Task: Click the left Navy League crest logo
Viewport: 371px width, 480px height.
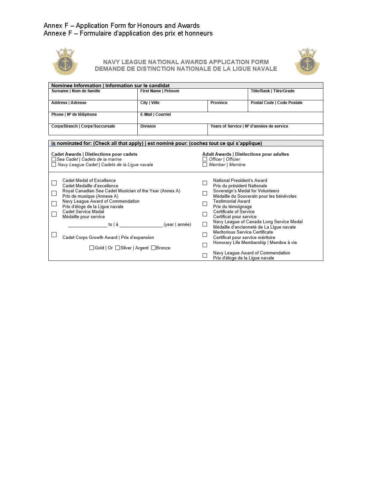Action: click(x=65, y=61)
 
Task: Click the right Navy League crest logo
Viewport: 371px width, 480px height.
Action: click(x=307, y=61)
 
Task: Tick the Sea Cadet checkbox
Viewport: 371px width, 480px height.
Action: click(x=54, y=159)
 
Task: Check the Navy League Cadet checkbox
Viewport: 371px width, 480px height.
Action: click(x=54, y=164)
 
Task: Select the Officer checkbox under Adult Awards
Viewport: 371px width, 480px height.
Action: click(x=205, y=159)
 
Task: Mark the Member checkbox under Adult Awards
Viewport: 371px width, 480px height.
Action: click(x=205, y=164)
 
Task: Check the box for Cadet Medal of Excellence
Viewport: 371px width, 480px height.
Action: click(x=54, y=183)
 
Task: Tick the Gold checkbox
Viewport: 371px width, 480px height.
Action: click(x=92, y=248)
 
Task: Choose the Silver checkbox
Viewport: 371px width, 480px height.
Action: click(x=118, y=248)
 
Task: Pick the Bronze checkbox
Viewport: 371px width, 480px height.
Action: click(x=153, y=248)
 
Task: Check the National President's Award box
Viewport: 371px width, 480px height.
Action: click(x=205, y=183)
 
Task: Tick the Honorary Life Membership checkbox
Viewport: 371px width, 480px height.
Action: click(x=205, y=245)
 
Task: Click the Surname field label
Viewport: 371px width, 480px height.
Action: click(x=76, y=91)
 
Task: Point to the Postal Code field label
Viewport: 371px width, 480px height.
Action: click(x=276, y=103)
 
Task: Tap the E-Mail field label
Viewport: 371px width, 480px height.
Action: click(x=155, y=114)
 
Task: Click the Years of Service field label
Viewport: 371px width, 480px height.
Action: click(x=249, y=126)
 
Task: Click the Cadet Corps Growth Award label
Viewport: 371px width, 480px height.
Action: click(x=108, y=237)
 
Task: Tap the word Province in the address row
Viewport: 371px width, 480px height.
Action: click(x=219, y=103)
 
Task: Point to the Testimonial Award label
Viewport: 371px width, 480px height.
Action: click(x=232, y=201)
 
